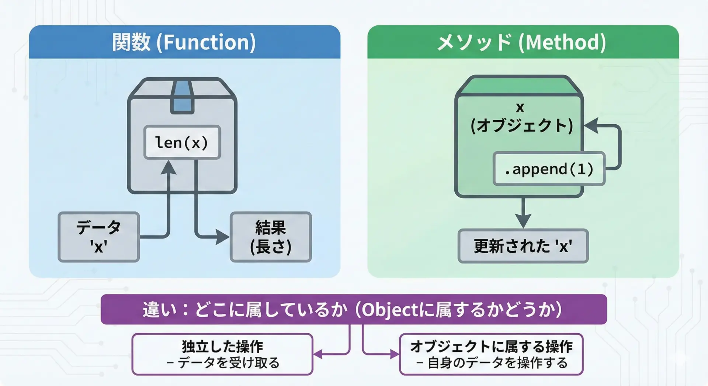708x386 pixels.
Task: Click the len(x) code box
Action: pyautogui.click(x=182, y=142)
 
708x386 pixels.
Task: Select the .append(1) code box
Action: pyautogui.click(x=549, y=169)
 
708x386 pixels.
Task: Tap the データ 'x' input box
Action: pyautogui.click(x=99, y=237)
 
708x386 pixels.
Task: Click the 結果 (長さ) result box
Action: pyautogui.click(x=271, y=237)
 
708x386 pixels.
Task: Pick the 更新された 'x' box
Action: pyautogui.click(x=523, y=246)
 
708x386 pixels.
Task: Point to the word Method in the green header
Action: pyautogui.click(x=565, y=42)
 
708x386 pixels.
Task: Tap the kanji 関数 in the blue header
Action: pyautogui.click(x=131, y=42)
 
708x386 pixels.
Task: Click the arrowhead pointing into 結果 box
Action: pyautogui.click(x=222, y=237)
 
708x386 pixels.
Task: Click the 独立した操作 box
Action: pyautogui.click(x=222, y=354)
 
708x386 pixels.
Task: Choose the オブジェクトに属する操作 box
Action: pyautogui.click(x=491, y=354)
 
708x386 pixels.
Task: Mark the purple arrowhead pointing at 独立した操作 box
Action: pyautogui.click(x=317, y=354)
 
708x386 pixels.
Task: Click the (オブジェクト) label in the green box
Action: pyautogui.click(x=522, y=125)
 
